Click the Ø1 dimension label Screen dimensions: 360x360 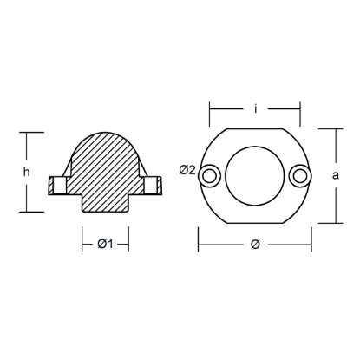pyautogui.click(x=105, y=244)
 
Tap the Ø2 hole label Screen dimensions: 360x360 pyautogui.click(x=186, y=170)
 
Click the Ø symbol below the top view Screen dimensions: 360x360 pyautogui.click(x=254, y=244)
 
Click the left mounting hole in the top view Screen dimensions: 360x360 pyautogui.click(x=208, y=176)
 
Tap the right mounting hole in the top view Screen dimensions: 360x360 pyautogui.click(x=300, y=176)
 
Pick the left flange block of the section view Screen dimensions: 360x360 pyautogui.click(x=57, y=184)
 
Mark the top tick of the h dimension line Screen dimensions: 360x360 pyautogui.click(x=30, y=133)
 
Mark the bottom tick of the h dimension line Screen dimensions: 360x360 pyautogui.click(x=30, y=211)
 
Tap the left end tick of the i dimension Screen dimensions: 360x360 pyautogui.click(x=209, y=109)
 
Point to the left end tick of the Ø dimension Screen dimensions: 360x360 pyautogui.click(x=199, y=244)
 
